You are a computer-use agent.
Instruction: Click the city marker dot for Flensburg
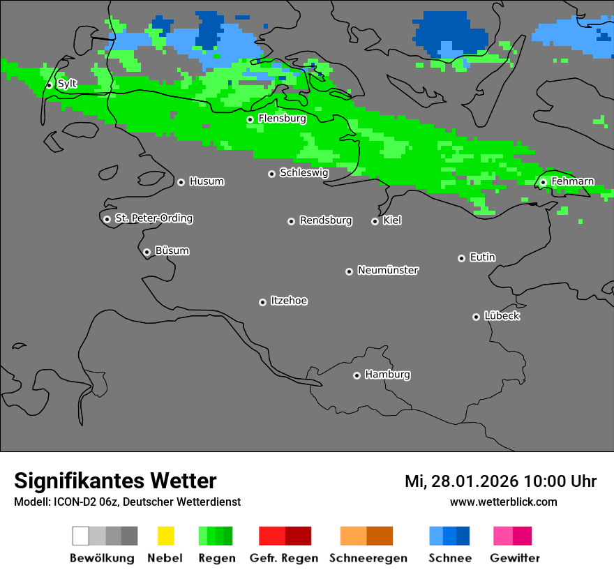click(250, 119)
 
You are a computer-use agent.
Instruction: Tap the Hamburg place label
click(387, 375)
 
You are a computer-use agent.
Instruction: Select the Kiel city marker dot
click(375, 221)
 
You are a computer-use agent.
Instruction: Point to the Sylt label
click(67, 84)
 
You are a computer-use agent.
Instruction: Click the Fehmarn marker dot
click(543, 182)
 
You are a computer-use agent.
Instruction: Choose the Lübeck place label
click(502, 316)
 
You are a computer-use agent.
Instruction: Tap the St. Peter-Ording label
click(153, 218)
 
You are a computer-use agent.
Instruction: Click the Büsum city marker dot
click(147, 252)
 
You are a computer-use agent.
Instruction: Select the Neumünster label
click(388, 270)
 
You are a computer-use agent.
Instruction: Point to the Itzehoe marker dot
click(262, 302)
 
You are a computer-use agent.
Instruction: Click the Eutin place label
click(482, 257)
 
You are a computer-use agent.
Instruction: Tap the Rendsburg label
click(326, 220)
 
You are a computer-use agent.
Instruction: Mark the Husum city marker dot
click(181, 182)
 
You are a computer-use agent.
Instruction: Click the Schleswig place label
click(304, 172)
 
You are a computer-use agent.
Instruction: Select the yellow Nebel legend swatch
click(165, 536)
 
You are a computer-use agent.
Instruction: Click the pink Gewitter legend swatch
click(512, 536)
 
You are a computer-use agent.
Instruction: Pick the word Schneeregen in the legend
click(368, 558)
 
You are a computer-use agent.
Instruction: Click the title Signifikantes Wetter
click(115, 481)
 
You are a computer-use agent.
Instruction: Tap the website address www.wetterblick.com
click(503, 502)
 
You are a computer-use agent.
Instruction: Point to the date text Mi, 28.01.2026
click(462, 481)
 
